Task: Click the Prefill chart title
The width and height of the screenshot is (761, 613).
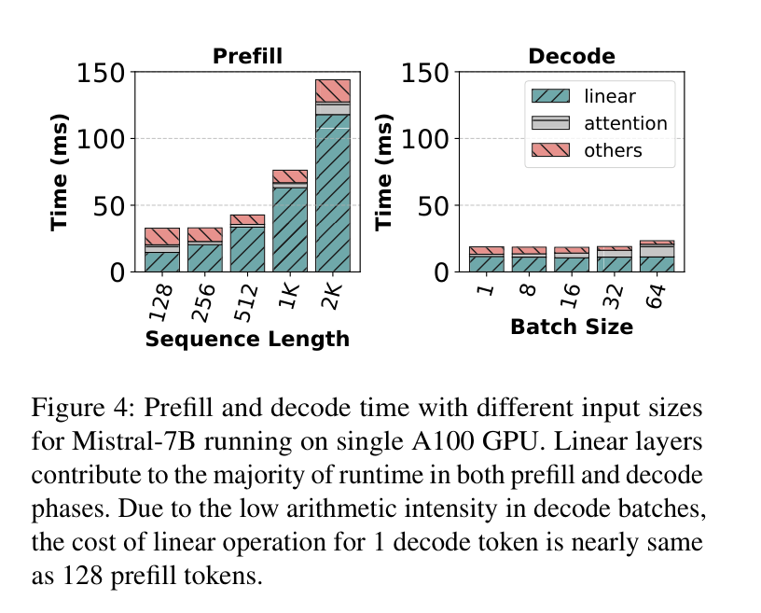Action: pyautogui.click(x=247, y=56)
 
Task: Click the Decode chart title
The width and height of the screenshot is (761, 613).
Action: pyautogui.click(x=572, y=56)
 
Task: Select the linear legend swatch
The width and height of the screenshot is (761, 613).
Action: pyautogui.click(x=550, y=96)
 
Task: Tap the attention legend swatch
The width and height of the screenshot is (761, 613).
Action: pyautogui.click(x=550, y=123)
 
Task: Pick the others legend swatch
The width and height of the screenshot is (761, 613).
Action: pyautogui.click(x=550, y=150)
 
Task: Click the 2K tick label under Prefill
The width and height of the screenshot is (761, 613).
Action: pyautogui.click(x=332, y=297)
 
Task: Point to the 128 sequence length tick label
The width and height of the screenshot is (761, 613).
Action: pyautogui.click(x=160, y=302)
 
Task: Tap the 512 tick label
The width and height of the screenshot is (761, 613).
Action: pyautogui.click(x=246, y=303)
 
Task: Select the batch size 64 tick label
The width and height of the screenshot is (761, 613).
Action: pyautogui.click(x=656, y=297)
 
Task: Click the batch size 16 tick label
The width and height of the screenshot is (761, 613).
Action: pyautogui.click(x=571, y=297)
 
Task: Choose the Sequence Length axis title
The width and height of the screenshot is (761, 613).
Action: pyautogui.click(x=247, y=339)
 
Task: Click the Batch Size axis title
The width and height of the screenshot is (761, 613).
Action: pyautogui.click(x=572, y=327)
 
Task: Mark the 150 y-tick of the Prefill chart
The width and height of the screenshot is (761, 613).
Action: pyautogui.click(x=101, y=74)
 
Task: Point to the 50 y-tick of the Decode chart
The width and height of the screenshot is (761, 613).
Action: pyautogui.click(x=433, y=206)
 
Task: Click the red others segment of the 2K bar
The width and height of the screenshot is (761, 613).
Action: pyautogui.click(x=333, y=91)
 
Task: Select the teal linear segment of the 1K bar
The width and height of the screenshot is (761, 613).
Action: pyautogui.click(x=290, y=230)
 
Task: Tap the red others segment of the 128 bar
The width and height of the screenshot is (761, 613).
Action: pyautogui.click(x=162, y=237)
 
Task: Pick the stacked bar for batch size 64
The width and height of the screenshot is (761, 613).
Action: pyautogui.click(x=657, y=256)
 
